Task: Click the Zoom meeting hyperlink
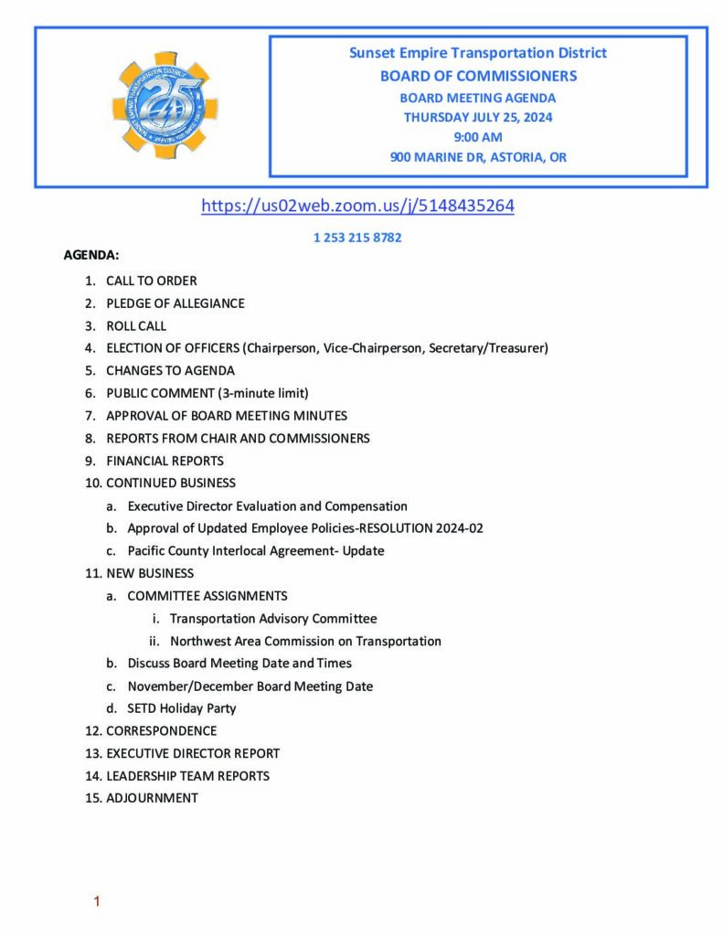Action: point(357,207)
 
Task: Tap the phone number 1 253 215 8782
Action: point(357,238)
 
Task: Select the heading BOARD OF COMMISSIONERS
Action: point(478,76)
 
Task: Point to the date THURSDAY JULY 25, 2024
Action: point(478,117)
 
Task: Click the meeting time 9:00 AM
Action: point(478,137)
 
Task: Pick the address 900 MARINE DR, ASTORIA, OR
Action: point(478,157)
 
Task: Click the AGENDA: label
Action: point(90,255)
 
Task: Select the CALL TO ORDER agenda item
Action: point(151,281)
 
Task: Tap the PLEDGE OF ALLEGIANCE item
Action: point(175,303)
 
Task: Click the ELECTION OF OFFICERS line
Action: point(326,348)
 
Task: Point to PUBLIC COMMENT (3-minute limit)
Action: point(207,393)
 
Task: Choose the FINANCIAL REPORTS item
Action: point(165,461)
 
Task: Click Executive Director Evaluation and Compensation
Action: point(267,506)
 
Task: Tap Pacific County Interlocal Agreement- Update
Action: point(256,551)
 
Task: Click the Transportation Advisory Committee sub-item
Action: point(272,619)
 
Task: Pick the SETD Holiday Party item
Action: point(182,708)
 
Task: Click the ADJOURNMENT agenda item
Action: point(152,798)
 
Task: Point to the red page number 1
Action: point(97,902)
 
